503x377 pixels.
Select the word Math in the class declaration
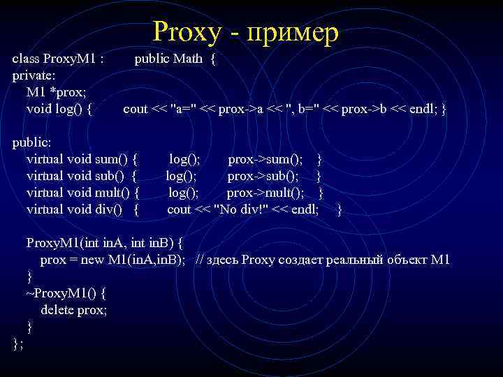coord(187,59)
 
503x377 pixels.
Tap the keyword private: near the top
coord(34,75)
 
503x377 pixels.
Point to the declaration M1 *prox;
coord(57,92)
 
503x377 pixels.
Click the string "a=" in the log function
coord(184,109)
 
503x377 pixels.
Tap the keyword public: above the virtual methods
coord(32,142)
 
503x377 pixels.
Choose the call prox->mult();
coord(265,193)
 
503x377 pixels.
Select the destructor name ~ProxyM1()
coord(65,293)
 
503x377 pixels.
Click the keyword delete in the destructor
coord(57,310)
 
